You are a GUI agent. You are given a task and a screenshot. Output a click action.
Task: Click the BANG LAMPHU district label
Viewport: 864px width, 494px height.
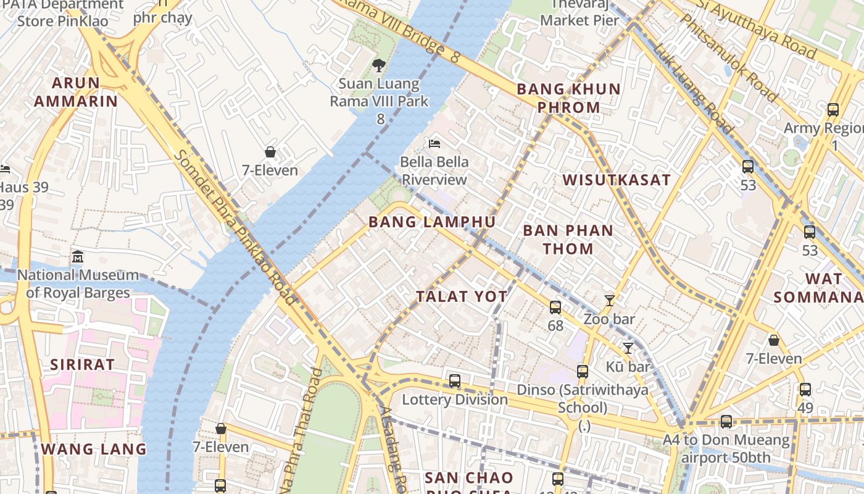(432, 222)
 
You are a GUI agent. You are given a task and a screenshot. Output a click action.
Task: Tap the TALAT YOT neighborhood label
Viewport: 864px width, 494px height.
(462, 296)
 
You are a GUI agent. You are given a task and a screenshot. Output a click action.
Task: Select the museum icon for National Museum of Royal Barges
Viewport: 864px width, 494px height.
(78, 256)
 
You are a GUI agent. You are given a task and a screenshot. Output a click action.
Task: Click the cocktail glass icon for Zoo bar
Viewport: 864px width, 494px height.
(610, 301)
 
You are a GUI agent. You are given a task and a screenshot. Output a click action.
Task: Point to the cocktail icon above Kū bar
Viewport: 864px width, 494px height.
(628, 348)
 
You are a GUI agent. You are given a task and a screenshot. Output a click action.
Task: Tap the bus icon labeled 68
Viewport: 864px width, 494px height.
(555, 307)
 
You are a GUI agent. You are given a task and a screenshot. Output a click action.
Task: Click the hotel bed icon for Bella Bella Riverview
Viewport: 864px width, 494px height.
(434, 144)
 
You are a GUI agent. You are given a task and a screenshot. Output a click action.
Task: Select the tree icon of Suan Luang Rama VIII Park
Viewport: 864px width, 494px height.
(379, 65)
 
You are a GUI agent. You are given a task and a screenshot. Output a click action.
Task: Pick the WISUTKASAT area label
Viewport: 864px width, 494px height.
(616, 180)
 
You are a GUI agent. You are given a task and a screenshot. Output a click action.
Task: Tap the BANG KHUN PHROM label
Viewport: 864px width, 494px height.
(568, 98)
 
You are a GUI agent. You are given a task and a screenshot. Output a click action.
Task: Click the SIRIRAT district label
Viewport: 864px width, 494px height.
(82, 364)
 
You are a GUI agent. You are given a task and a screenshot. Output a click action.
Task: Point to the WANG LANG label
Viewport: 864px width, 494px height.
(94, 449)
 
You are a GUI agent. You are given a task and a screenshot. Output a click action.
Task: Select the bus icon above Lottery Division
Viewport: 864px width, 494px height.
(455, 381)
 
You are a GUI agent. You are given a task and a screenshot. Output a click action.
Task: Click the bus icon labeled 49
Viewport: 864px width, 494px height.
(805, 390)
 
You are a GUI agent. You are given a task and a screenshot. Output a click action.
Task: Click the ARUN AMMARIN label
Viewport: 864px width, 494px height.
(75, 92)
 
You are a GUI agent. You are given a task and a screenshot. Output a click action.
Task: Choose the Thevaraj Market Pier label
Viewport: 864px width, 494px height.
(579, 12)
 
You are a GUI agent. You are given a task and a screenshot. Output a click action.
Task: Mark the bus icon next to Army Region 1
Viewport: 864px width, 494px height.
(833, 110)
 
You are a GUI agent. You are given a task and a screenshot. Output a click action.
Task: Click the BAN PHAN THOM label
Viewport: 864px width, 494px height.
(568, 240)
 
